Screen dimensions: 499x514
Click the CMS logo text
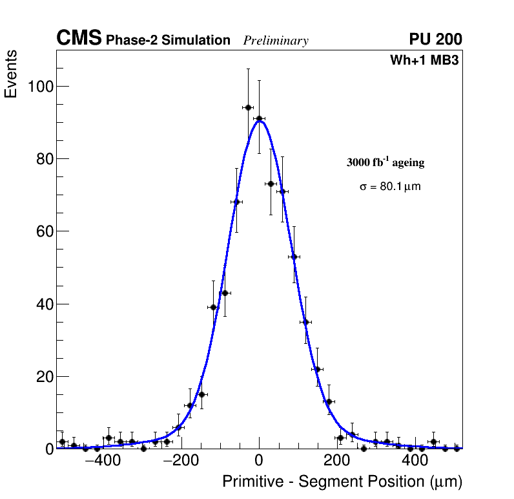point(79,39)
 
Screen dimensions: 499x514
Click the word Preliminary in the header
point(276,41)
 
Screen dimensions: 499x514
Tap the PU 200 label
point(435,39)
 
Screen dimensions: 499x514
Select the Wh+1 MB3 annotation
point(424,61)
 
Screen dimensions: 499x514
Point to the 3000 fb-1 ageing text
point(385,162)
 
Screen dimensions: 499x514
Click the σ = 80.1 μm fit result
point(390,187)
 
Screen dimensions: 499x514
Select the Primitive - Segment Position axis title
point(342,482)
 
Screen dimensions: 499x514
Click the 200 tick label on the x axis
point(337,462)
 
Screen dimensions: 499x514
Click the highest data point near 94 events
point(247,107)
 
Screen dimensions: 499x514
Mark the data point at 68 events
point(236,202)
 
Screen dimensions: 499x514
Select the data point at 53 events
point(294,257)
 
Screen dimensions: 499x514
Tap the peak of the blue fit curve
point(260,121)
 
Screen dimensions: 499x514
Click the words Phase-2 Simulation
point(168,41)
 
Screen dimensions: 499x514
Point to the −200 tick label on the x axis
point(177,462)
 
